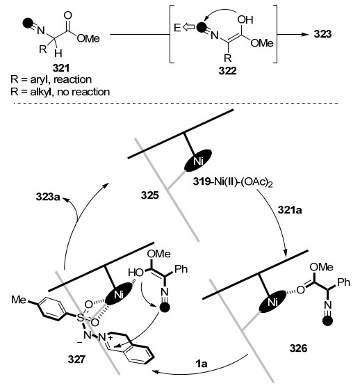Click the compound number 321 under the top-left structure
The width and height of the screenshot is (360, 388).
[x=61, y=68]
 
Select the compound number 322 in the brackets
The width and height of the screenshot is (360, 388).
[x=227, y=71]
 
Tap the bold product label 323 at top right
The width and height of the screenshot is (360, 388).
[x=322, y=34]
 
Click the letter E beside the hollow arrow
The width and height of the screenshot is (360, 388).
[x=177, y=28]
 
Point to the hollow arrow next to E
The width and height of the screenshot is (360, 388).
[x=188, y=27]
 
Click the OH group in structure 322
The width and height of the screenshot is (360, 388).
[x=245, y=20]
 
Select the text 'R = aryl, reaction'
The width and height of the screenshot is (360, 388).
[x=51, y=80]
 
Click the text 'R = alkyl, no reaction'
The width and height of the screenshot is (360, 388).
[x=60, y=92]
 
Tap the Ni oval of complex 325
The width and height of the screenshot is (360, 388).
[x=198, y=161]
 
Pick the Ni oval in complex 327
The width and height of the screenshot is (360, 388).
[x=119, y=294]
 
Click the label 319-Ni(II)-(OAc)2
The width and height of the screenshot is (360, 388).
[x=233, y=183]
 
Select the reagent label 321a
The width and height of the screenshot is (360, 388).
[x=290, y=210]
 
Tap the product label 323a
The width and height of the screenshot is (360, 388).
[x=48, y=197]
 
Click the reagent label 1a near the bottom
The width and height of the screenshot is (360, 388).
[x=202, y=364]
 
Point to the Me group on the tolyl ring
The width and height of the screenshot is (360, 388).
[x=19, y=300]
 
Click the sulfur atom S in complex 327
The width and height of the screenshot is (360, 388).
[x=81, y=318]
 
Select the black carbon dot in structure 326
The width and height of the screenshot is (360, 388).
[x=328, y=321]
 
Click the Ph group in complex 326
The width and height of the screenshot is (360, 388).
[x=344, y=282]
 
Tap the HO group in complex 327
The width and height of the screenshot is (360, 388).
[x=136, y=273]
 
